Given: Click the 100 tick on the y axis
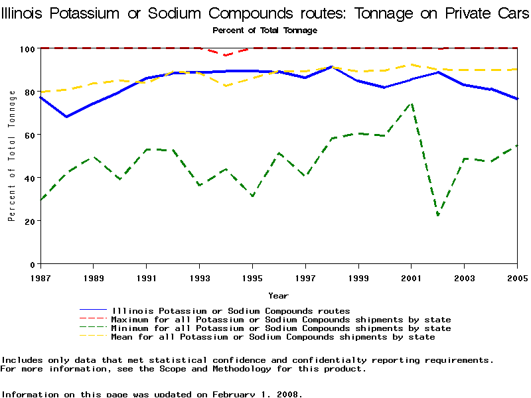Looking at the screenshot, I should (x=27, y=48).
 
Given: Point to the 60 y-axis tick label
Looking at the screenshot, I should (x=29, y=135).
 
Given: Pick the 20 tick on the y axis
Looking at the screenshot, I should (x=29, y=221).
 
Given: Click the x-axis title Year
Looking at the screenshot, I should (x=278, y=295).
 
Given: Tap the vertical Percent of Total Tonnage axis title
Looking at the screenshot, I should (x=12, y=156).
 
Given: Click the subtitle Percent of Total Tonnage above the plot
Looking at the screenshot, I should (x=265, y=31).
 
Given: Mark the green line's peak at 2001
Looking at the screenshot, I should (x=412, y=103).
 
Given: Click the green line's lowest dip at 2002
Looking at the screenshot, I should (x=438, y=215).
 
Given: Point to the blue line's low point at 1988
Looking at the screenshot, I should (x=66, y=117).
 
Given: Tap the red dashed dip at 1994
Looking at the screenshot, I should (x=226, y=55).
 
